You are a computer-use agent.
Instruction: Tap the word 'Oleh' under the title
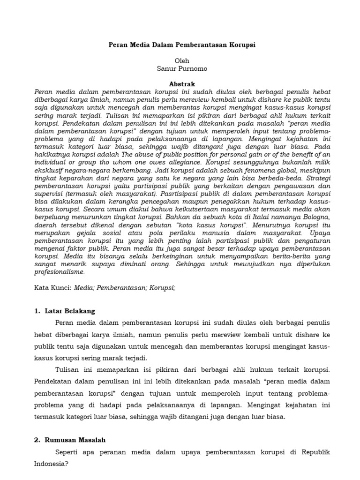(182, 61)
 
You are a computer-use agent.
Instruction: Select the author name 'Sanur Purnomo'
(182, 69)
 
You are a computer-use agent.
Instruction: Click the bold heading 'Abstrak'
(182, 83)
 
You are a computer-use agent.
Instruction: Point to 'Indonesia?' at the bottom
(52, 464)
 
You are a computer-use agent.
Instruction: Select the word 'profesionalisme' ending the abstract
(60, 271)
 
